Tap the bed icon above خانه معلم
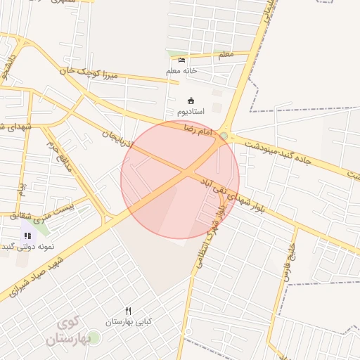[182, 60]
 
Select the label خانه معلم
[182, 71]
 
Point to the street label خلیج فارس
[289, 262]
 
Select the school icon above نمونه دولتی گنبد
[27, 236]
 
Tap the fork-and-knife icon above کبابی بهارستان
[128, 311]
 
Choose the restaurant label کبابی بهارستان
[128, 321]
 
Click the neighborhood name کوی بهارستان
[70, 331]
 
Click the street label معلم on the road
[226, 55]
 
